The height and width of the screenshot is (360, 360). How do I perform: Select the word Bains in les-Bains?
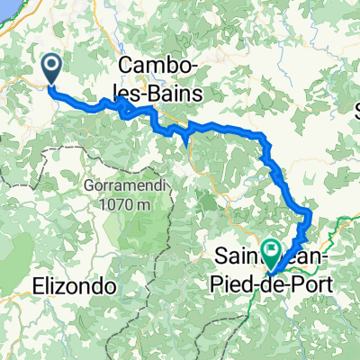(180, 93)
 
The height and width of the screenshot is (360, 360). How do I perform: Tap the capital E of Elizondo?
(39, 286)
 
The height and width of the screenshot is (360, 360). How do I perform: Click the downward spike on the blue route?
(185, 139)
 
